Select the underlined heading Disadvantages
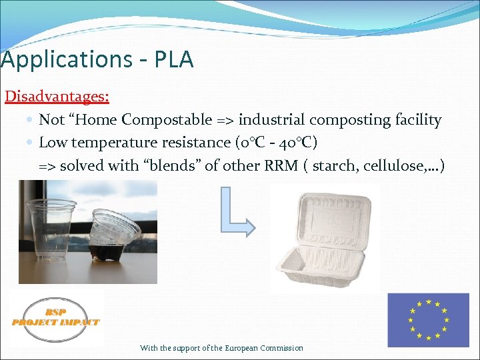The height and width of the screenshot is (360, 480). pyautogui.click(x=57, y=96)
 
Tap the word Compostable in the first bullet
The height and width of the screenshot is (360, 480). pyautogui.click(x=167, y=120)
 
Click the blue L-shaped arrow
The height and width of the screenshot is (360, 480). pyautogui.click(x=234, y=213)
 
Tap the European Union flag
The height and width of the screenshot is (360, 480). pyautogui.click(x=428, y=320)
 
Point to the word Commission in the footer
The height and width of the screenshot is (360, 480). pyautogui.click(x=283, y=348)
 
